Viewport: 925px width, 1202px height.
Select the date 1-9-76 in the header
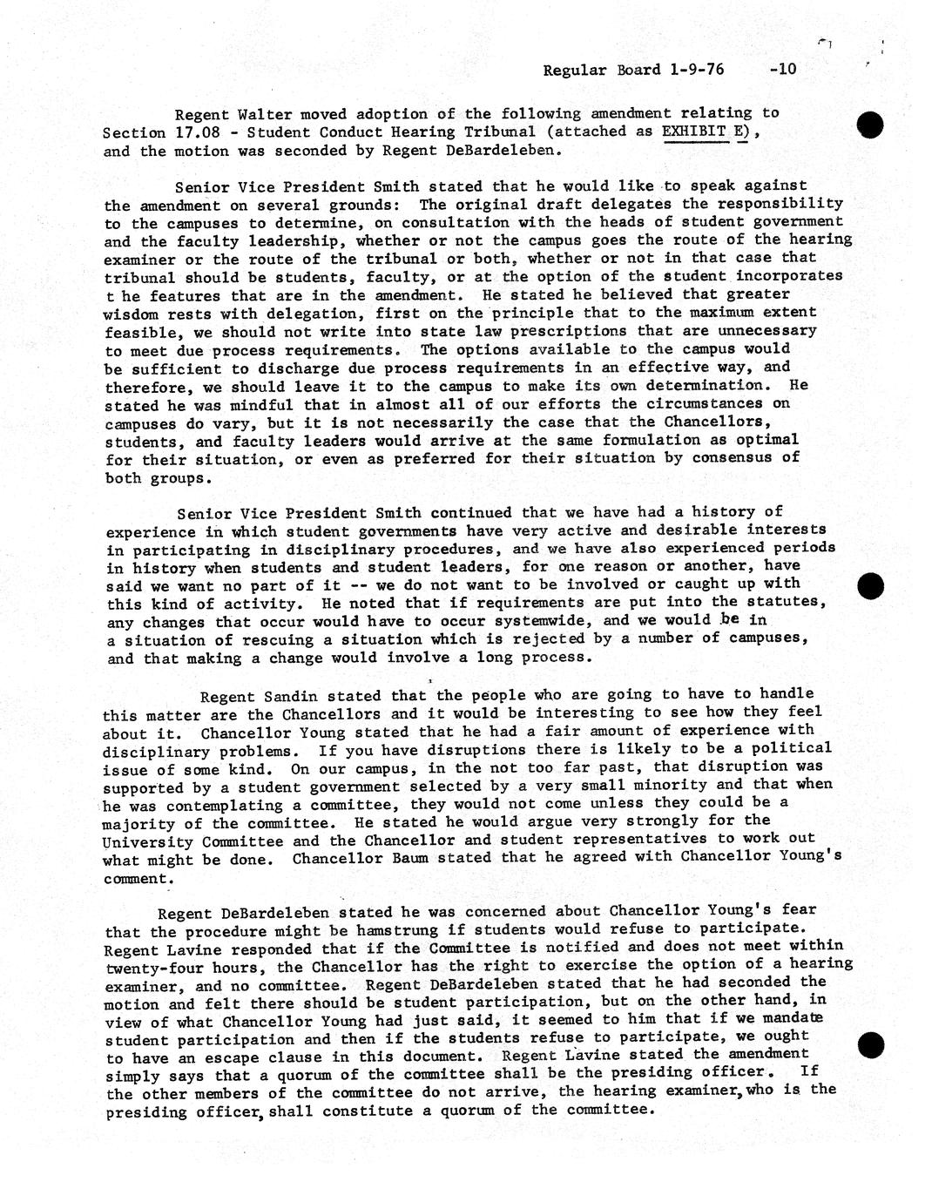[x=697, y=70]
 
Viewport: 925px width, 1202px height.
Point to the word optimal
[x=766, y=440]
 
